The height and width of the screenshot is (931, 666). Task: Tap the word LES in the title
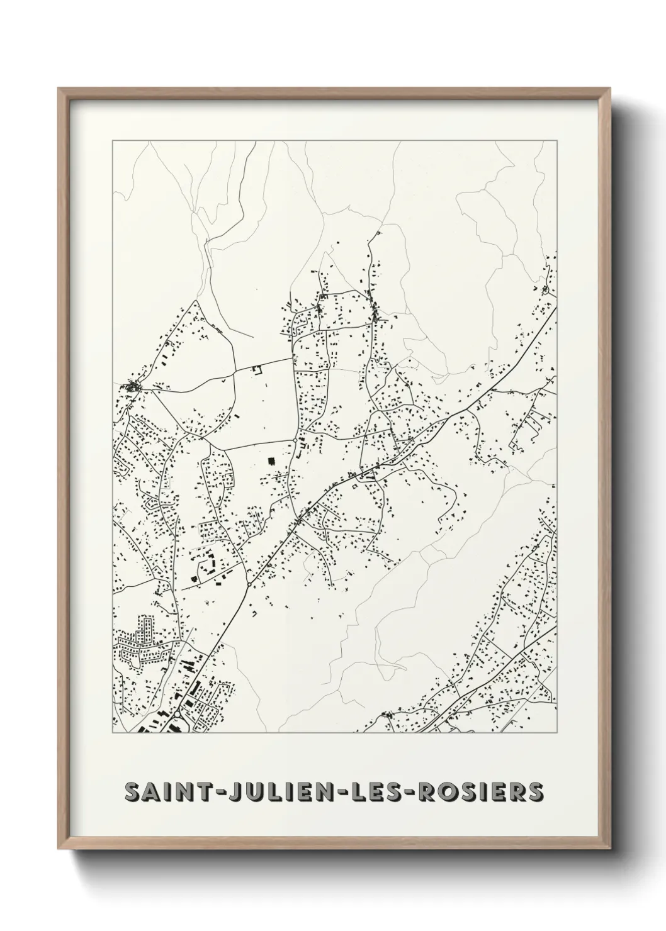tap(373, 792)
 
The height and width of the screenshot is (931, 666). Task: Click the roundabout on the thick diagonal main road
tap(250, 586)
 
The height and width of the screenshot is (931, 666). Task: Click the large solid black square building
tap(273, 461)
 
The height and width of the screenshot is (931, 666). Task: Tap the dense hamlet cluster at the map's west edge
tap(133, 386)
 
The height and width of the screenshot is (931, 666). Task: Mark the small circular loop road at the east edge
tap(545, 290)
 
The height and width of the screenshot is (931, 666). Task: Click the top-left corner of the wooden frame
tap(59, 89)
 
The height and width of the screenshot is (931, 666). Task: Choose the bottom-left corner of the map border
tap(113, 733)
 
